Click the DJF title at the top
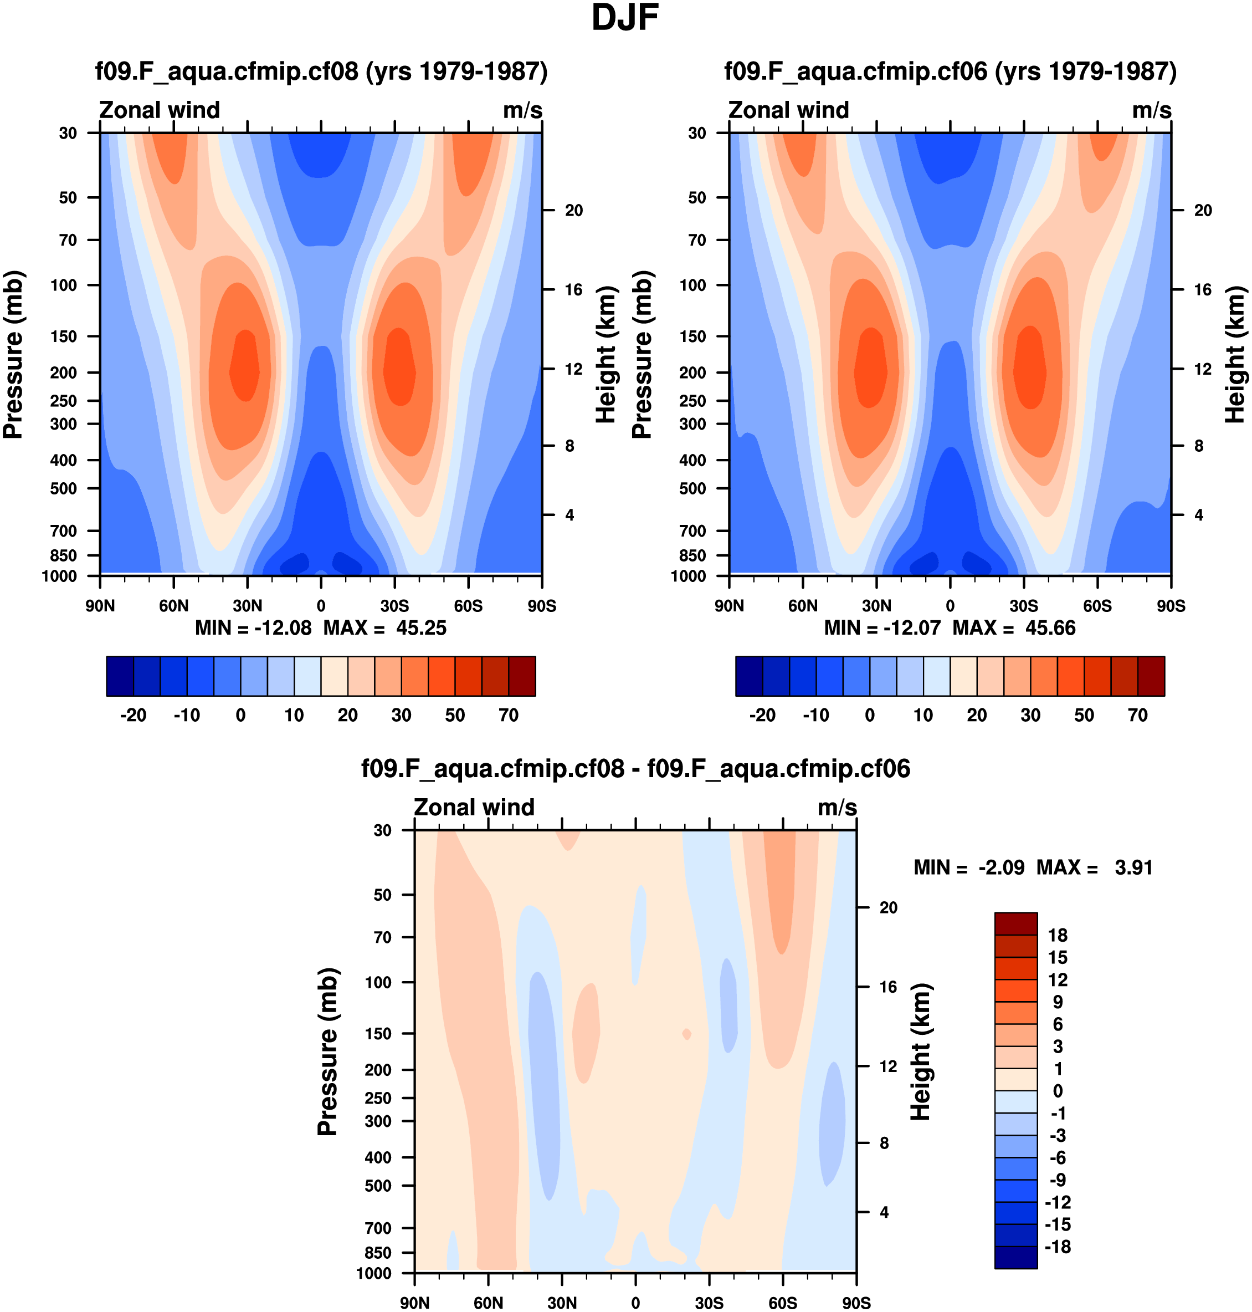625,19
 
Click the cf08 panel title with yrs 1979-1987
321,71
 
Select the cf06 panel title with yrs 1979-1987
950,71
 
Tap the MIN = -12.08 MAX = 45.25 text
320,629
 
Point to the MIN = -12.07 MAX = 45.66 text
950,629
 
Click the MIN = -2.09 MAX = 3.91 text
1033,867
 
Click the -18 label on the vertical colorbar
1058,1247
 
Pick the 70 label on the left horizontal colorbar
509,715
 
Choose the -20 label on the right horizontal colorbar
762,715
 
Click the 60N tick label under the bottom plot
489,1303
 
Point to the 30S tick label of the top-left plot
394,606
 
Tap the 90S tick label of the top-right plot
1171,606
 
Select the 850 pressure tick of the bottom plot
378,1253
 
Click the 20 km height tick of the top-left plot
573,210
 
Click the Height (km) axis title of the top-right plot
1235,355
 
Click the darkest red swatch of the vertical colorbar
1016,923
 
